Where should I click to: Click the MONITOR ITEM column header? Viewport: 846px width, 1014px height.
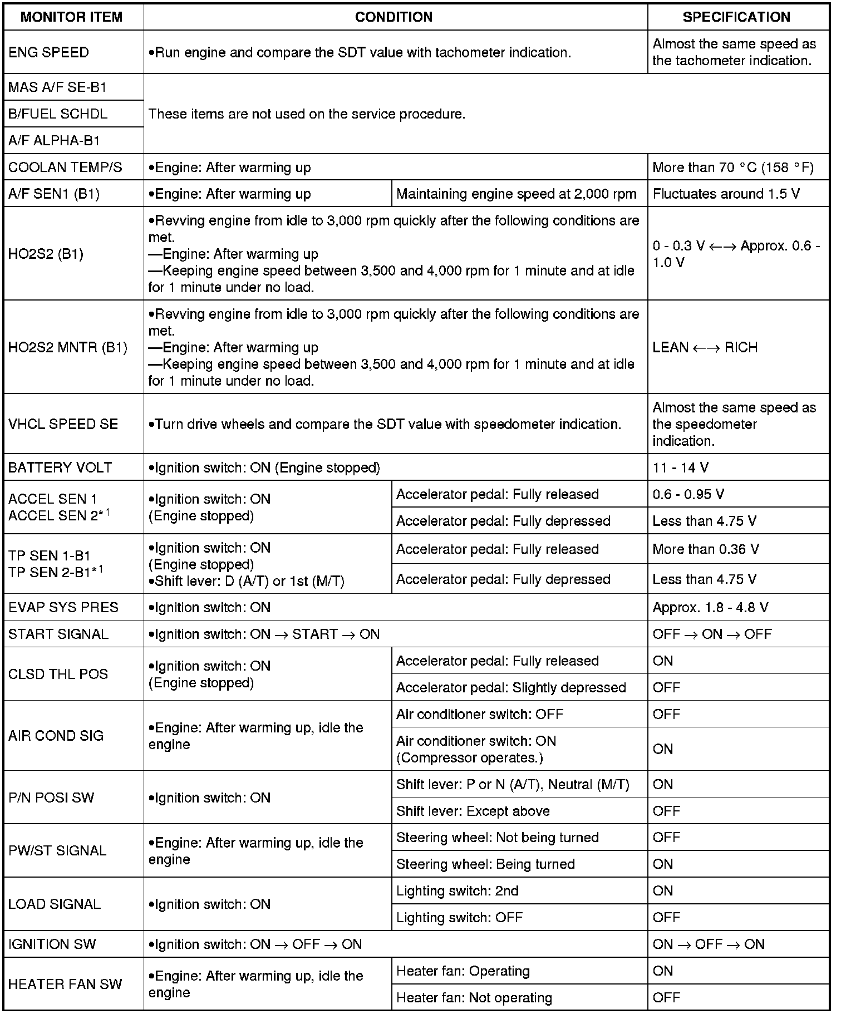(71, 17)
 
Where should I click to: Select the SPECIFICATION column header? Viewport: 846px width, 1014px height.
(736, 17)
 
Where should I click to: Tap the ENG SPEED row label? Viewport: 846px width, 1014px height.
(49, 52)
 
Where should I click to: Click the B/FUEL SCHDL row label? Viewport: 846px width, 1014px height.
(58, 114)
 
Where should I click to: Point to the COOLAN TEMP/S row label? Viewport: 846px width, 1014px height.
(65, 168)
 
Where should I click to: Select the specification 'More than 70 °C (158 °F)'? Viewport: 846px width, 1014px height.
(732, 168)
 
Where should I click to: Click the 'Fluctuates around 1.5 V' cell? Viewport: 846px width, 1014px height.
(726, 194)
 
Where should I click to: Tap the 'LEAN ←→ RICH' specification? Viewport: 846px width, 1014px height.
(705, 348)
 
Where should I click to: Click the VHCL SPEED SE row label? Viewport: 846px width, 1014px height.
(63, 424)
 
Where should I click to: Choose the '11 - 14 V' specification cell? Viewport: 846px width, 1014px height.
(680, 467)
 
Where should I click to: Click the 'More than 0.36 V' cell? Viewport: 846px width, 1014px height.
(705, 549)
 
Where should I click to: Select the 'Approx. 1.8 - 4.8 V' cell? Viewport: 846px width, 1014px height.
(710, 607)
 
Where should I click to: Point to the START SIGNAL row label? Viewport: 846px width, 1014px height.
(58, 634)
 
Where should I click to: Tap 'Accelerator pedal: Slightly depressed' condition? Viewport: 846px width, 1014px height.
(510, 687)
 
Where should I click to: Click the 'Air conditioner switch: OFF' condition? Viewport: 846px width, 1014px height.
(479, 714)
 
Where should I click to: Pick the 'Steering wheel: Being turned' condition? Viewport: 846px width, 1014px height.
(485, 864)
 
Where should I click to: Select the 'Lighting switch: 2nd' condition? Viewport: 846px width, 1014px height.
(457, 891)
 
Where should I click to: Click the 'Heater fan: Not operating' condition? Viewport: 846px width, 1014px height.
(474, 998)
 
